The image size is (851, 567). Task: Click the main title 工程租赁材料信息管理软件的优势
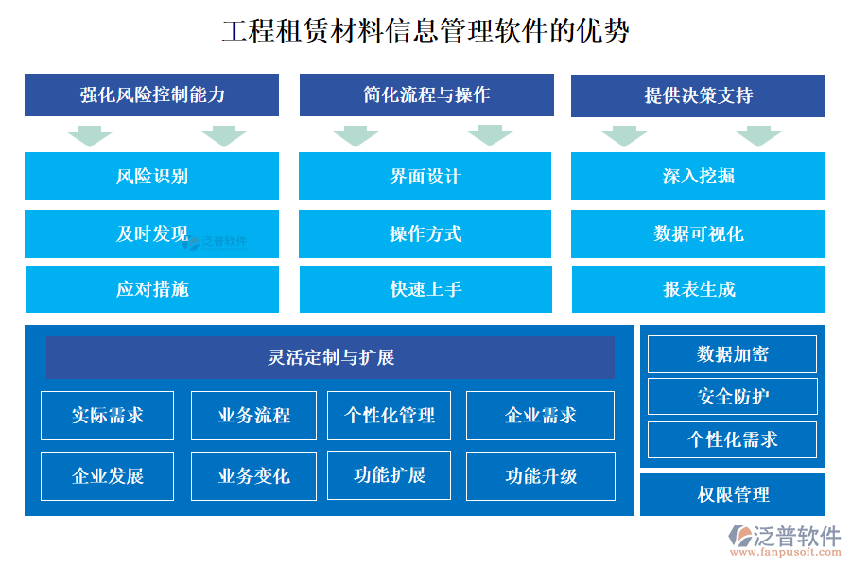(x=425, y=31)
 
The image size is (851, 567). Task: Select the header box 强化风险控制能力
(x=152, y=95)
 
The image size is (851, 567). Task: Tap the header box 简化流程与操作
(x=426, y=95)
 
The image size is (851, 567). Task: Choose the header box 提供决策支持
(x=698, y=95)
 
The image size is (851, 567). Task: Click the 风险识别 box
(x=152, y=177)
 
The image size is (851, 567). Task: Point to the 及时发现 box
(x=152, y=234)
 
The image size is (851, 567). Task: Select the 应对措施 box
(x=152, y=289)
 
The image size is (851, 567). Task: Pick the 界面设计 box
(x=425, y=177)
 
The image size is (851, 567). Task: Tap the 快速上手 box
(x=425, y=289)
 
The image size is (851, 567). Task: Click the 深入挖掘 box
(x=698, y=177)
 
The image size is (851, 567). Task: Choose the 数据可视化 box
(x=698, y=234)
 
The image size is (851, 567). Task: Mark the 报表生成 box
(x=698, y=289)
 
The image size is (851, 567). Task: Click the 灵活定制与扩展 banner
(x=330, y=358)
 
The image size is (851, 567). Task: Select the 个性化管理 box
(x=390, y=416)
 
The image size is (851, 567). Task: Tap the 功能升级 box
(x=541, y=476)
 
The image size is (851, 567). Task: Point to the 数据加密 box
(x=732, y=354)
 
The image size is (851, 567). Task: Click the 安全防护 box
(x=732, y=397)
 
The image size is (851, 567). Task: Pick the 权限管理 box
(x=733, y=494)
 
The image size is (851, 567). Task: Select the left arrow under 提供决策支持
(x=624, y=136)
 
